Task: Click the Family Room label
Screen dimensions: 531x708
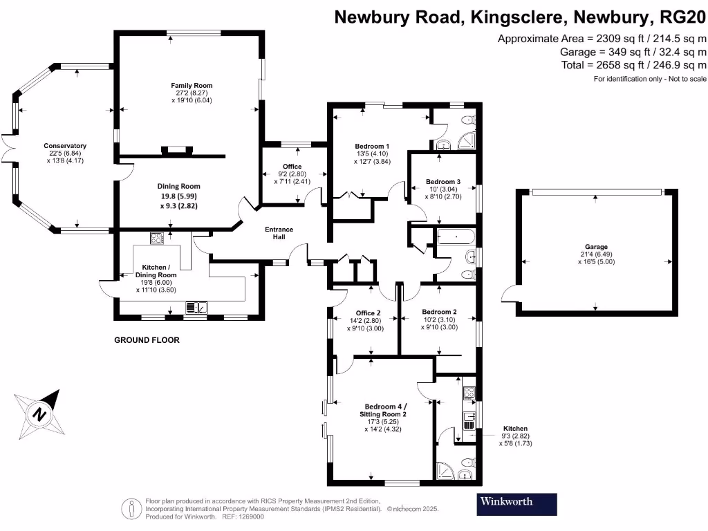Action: pyautogui.click(x=192, y=86)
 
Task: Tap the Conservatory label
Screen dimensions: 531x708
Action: pyautogui.click(x=65, y=146)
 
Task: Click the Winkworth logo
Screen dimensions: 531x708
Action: pyautogui.click(x=516, y=504)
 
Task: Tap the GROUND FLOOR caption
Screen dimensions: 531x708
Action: pyautogui.click(x=147, y=340)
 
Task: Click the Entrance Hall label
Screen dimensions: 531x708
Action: pyautogui.click(x=279, y=234)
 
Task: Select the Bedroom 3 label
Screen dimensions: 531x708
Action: pyautogui.click(x=442, y=182)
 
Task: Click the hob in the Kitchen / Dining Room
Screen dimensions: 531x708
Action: pyautogui.click(x=156, y=239)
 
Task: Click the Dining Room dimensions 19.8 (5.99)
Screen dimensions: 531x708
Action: pyautogui.click(x=179, y=196)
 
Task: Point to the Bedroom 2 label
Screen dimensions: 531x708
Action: pyautogui.click(x=439, y=312)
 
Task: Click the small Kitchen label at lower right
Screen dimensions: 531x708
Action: pyautogui.click(x=515, y=429)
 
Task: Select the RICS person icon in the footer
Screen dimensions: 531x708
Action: pyautogui.click(x=131, y=508)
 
